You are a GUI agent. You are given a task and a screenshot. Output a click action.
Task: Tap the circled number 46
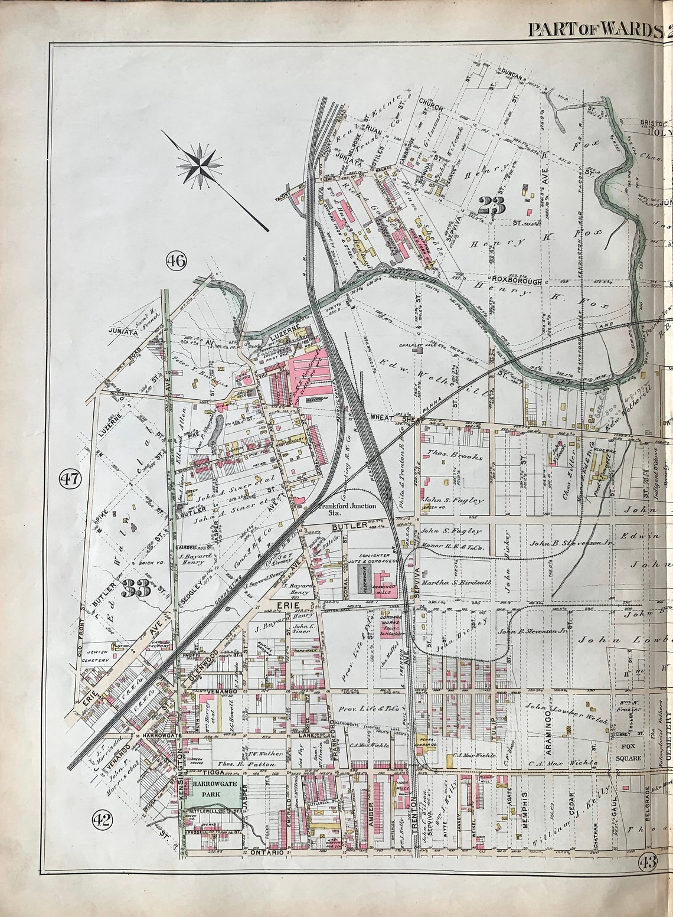(x=176, y=260)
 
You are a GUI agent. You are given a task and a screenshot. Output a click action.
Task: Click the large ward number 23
(x=491, y=206)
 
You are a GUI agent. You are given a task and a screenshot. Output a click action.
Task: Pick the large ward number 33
(x=136, y=588)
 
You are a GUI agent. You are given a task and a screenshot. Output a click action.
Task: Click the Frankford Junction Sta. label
(x=344, y=510)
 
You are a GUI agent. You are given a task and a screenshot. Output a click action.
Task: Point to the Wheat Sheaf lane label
(x=387, y=417)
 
